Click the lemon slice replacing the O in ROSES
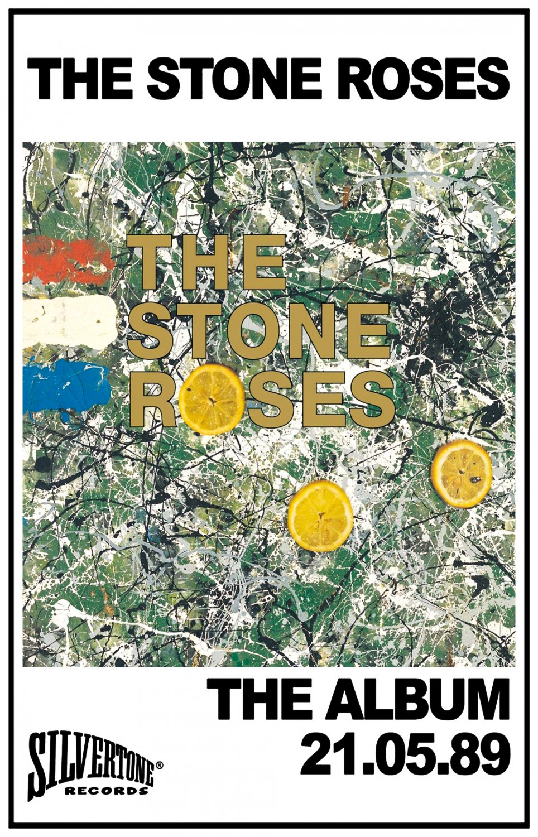(213, 399)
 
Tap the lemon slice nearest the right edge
(461, 473)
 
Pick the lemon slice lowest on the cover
(320, 515)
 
